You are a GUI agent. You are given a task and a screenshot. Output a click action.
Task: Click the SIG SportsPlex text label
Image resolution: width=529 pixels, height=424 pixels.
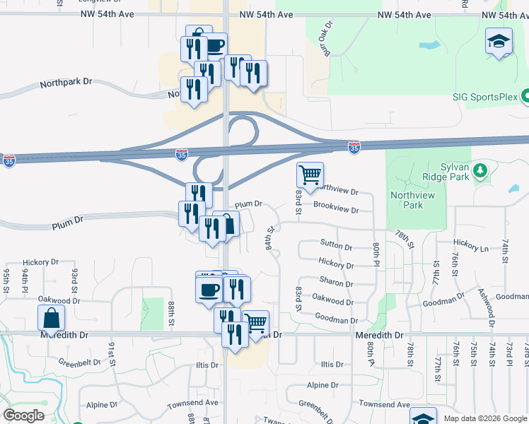tap(484, 98)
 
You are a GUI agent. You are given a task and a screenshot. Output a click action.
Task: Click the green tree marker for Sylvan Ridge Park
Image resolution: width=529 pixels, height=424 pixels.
tap(480, 171)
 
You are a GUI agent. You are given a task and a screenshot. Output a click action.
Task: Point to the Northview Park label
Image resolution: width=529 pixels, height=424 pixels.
tap(417, 199)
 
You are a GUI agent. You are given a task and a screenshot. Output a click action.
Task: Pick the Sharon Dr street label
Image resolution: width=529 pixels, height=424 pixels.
tap(336, 283)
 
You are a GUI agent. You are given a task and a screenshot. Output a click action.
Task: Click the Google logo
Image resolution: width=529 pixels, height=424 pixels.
tap(23, 416)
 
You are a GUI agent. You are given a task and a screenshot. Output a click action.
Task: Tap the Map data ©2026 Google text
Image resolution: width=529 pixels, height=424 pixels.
tap(485, 418)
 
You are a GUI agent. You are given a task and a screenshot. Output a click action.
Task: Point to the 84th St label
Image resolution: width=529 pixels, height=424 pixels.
tap(270, 238)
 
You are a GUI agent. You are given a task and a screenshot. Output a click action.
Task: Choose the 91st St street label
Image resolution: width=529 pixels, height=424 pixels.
tap(112, 352)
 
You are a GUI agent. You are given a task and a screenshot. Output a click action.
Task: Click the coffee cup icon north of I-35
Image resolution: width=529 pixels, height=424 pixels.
tap(214, 45)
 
